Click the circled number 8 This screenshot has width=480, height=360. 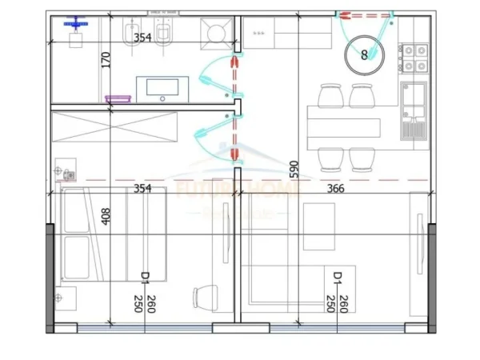(x=365, y=54)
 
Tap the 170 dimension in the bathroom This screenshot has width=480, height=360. (x=106, y=61)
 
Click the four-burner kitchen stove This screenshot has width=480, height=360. (x=415, y=56)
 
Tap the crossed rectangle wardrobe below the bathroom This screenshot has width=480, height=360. (x=112, y=126)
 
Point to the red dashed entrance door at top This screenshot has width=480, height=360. (x=364, y=14)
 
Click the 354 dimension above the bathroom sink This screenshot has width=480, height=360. (x=142, y=38)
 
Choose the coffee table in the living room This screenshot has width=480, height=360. (x=319, y=224)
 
